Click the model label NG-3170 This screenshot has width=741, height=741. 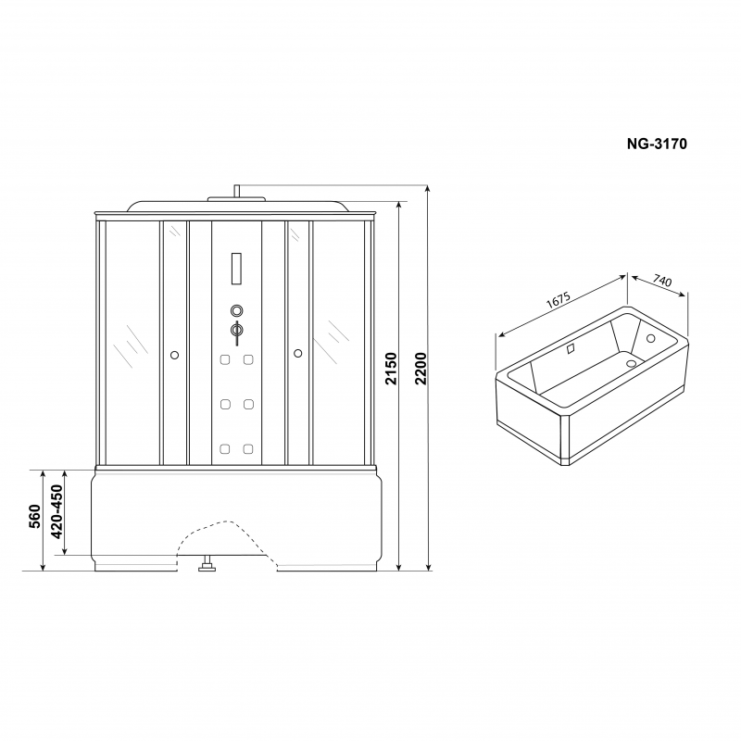pyautogui.click(x=657, y=144)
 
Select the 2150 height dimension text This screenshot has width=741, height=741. pyautogui.click(x=391, y=369)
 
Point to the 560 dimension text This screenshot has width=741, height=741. pyautogui.click(x=35, y=516)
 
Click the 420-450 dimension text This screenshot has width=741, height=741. pyautogui.click(x=57, y=512)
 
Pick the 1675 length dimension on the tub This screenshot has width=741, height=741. pyautogui.click(x=559, y=300)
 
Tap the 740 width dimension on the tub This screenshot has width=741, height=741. pyautogui.click(x=662, y=281)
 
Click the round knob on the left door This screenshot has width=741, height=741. pyautogui.click(x=174, y=355)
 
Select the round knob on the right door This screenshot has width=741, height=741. pyautogui.click(x=297, y=353)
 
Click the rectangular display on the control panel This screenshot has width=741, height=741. pyautogui.click(x=236, y=269)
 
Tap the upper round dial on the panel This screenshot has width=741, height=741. pyautogui.click(x=237, y=310)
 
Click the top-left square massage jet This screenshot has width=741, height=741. pyautogui.click(x=225, y=360)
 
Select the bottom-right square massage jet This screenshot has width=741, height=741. pyautogui.click(x=248, y=448)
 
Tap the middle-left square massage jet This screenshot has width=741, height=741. pyautogui.click(x=225, y=404)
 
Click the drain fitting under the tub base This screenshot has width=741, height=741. pyautogui.click(x=207, y=564)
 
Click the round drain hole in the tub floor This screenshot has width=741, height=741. pyautogui.click(x=631, y=363)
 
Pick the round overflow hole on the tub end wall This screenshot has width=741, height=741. pyautogui.click(x=651, y=338)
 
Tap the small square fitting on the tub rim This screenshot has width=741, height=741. pyautogui.click(x=571, y=349)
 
